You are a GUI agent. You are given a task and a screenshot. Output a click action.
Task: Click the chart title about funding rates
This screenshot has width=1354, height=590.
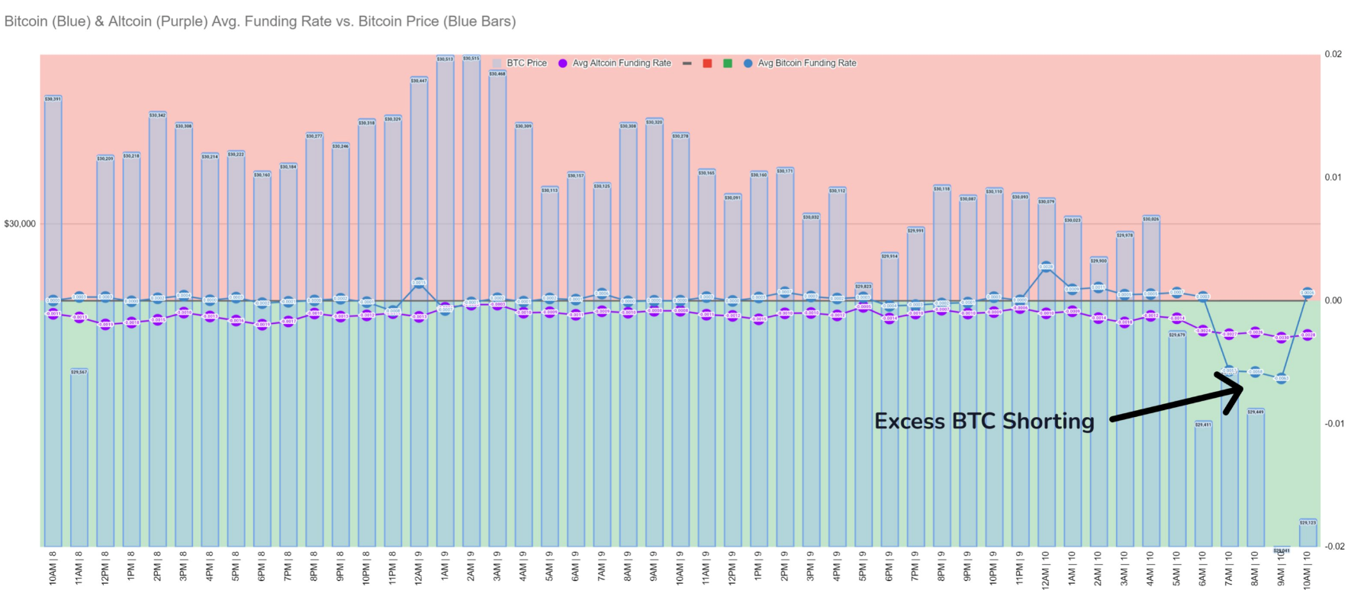click(260, 21)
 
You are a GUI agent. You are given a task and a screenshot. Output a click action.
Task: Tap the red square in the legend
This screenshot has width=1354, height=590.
click(707, 63)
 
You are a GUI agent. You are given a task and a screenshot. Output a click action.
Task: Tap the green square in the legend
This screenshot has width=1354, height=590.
click(728, 63)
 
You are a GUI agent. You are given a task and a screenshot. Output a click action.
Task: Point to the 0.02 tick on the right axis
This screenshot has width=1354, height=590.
click(1333, 54)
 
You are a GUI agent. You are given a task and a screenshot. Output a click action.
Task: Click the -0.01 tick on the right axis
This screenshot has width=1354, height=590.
click(1333, 424)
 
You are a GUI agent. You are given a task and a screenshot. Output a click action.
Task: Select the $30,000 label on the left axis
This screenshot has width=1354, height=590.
click(20, 224)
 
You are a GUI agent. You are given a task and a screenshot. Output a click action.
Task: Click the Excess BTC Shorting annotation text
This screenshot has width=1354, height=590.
click(984, 422)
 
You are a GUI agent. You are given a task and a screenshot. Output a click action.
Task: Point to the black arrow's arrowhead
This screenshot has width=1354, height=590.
click(1240, 388)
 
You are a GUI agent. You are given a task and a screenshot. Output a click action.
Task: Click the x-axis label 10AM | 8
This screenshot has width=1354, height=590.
click(53, 569)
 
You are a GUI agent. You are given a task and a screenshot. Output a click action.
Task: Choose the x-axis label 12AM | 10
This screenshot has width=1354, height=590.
click(1046, 569)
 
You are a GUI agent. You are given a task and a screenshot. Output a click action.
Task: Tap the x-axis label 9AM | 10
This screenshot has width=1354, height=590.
click(1282, 569)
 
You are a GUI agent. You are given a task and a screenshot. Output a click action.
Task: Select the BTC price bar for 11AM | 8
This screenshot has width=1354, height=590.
click(79, 457)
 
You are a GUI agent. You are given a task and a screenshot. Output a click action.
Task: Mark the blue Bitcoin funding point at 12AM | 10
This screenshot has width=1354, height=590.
click(1047, 267)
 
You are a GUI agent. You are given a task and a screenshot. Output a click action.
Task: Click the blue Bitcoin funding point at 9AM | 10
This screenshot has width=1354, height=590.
click(1282, 378)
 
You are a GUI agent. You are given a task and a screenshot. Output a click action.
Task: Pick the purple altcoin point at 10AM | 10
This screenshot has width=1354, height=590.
click(1307, 335)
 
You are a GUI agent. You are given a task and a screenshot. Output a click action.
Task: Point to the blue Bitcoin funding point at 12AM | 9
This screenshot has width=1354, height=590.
click(419, 283)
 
